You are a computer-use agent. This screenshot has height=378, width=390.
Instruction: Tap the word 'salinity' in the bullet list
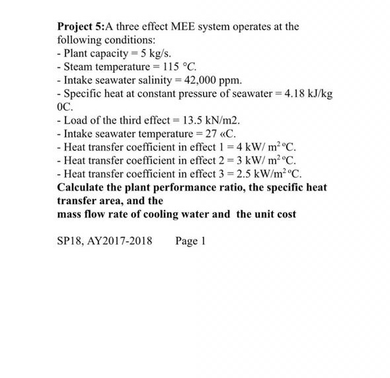(x=149, y=80)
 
